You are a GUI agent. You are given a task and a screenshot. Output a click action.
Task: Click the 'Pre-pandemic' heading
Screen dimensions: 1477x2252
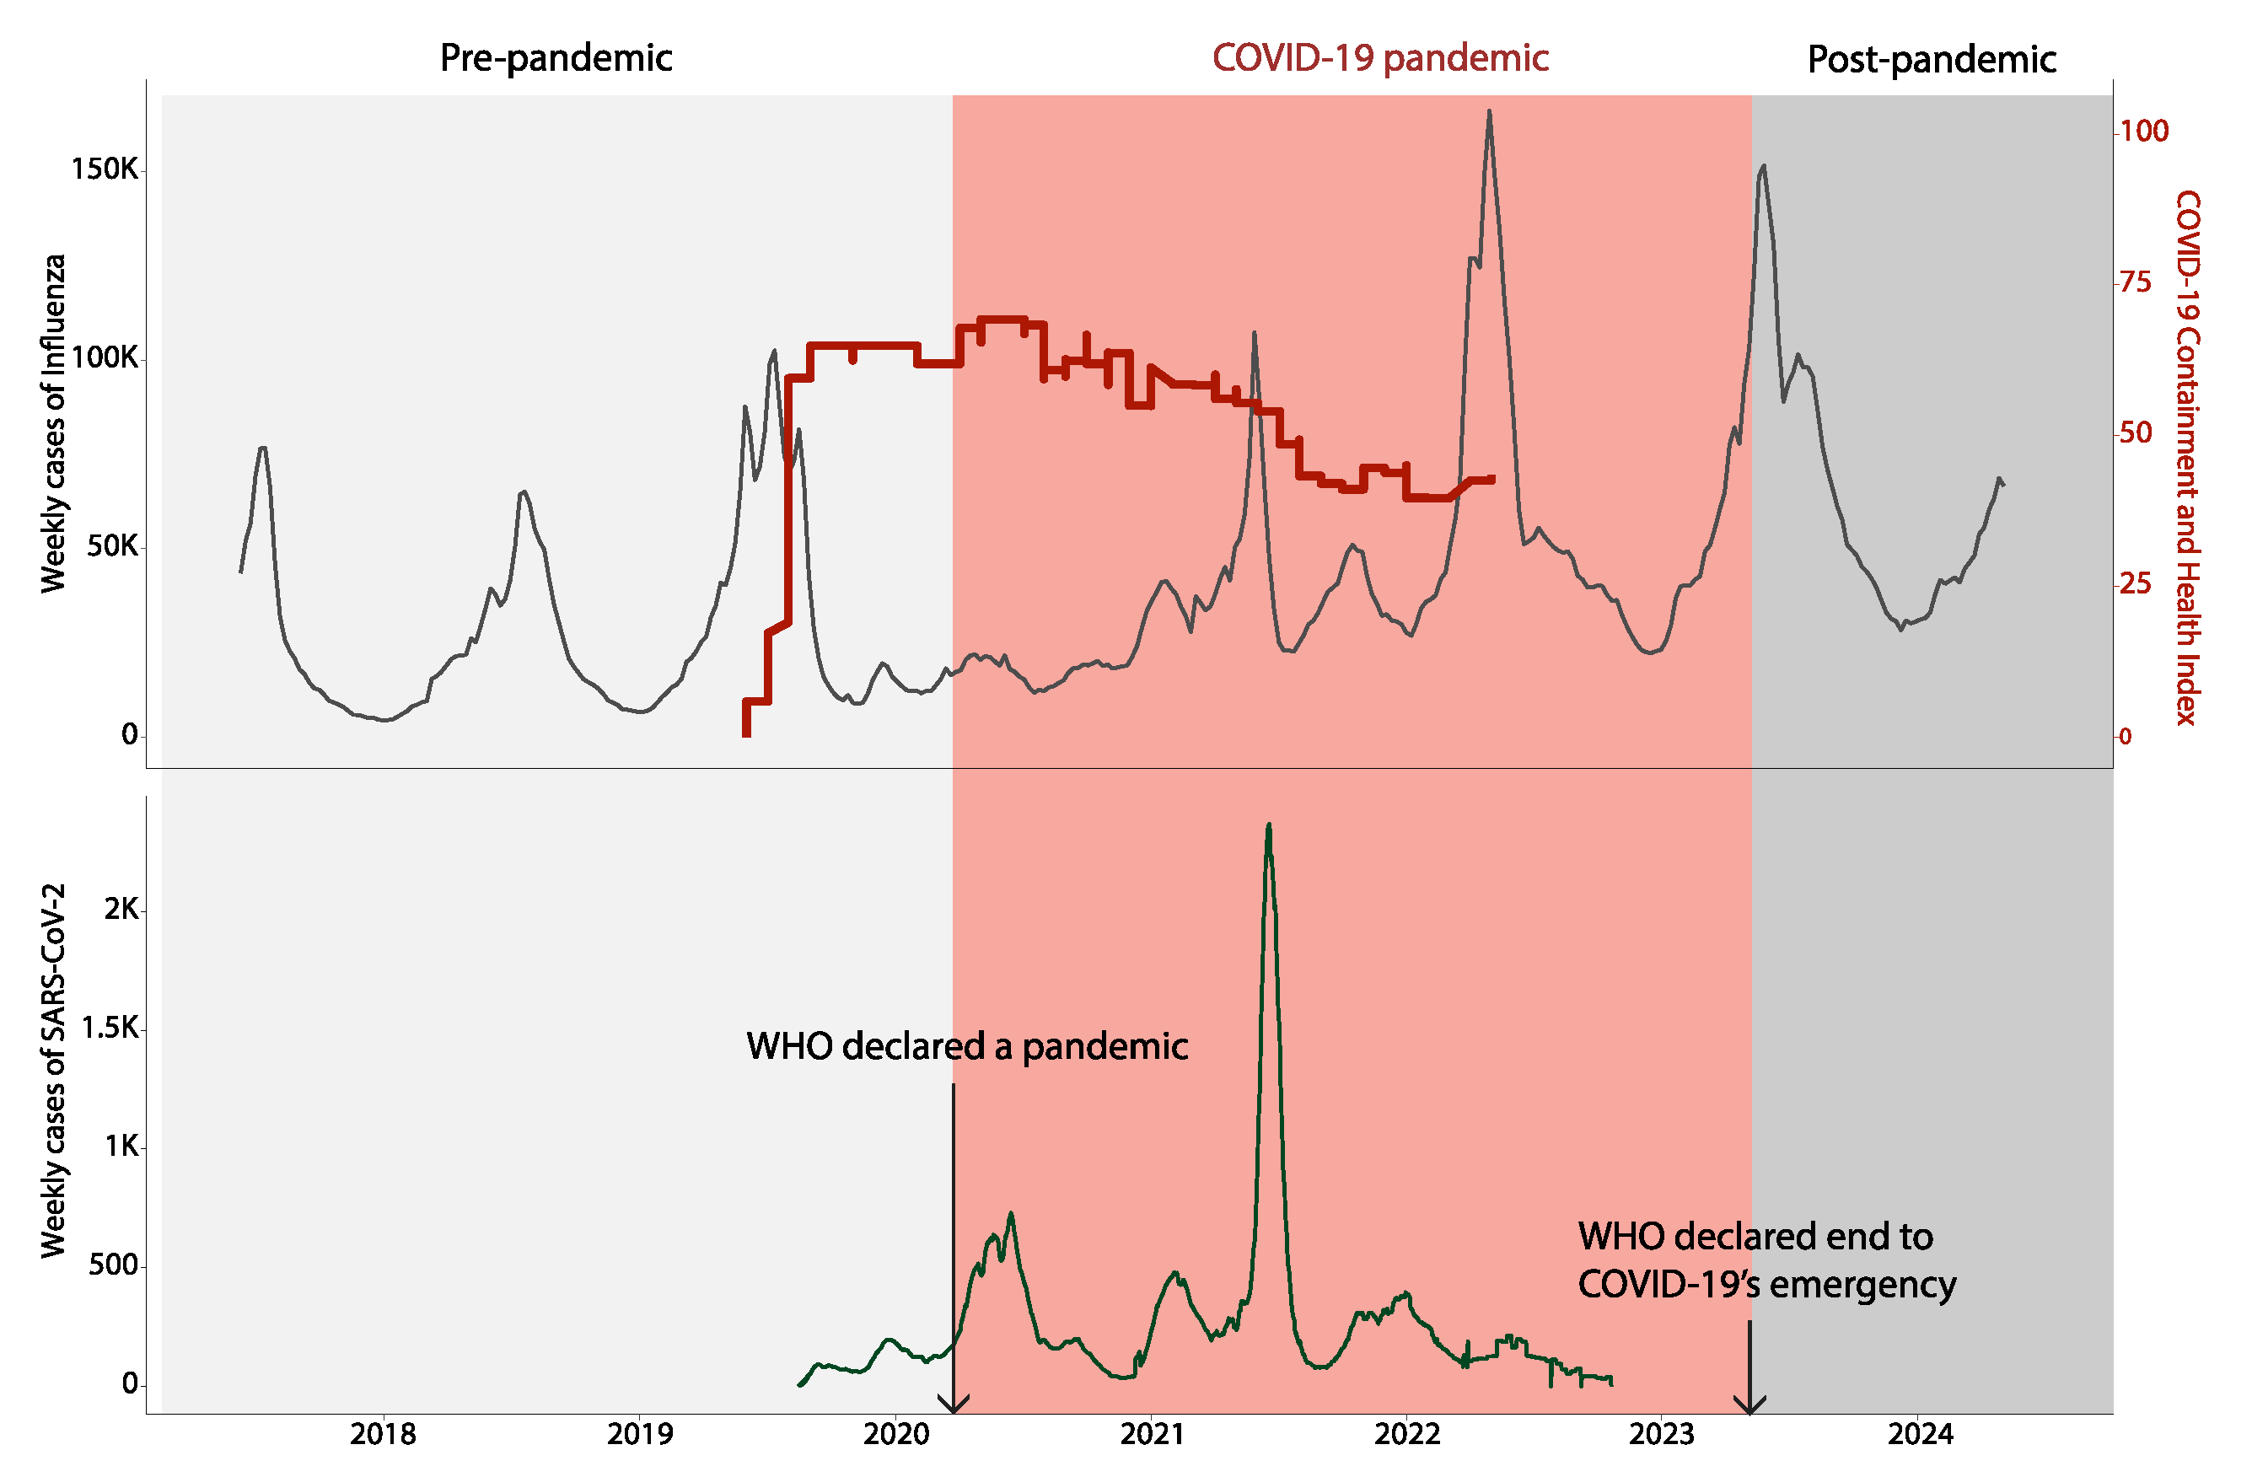(x=556, y=59)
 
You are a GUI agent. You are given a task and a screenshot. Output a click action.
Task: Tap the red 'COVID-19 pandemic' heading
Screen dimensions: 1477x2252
(x=1379, y=59)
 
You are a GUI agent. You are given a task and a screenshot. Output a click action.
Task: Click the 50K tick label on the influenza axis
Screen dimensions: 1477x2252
(x=111, y=546)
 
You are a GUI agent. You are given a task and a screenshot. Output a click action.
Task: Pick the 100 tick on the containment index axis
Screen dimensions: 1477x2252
(x=2143, y=131)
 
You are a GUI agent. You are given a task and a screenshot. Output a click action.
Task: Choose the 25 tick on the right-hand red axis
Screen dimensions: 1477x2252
(x=2136, y=583)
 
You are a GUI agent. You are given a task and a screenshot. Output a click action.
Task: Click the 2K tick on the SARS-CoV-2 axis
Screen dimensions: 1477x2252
(x=121, y=910)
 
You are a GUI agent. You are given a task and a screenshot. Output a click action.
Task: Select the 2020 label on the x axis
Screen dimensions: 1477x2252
(x=896, y=1434)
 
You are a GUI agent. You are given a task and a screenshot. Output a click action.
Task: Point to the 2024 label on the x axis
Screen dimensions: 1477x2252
(x=1920, y=1434)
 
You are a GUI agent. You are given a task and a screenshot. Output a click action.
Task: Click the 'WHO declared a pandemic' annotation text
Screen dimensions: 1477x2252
(x=966, y=1046)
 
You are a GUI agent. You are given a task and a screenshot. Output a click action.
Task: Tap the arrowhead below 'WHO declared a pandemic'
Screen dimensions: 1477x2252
(x=953, y=1403)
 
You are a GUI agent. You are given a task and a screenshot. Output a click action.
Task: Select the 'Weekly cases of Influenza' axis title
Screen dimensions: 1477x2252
(x=54, y=423)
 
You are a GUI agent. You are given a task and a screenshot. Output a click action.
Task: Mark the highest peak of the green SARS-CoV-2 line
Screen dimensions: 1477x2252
(x=1269, y=825)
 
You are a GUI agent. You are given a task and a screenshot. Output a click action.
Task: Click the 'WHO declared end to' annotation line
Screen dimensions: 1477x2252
(x=1755, y=1237)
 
